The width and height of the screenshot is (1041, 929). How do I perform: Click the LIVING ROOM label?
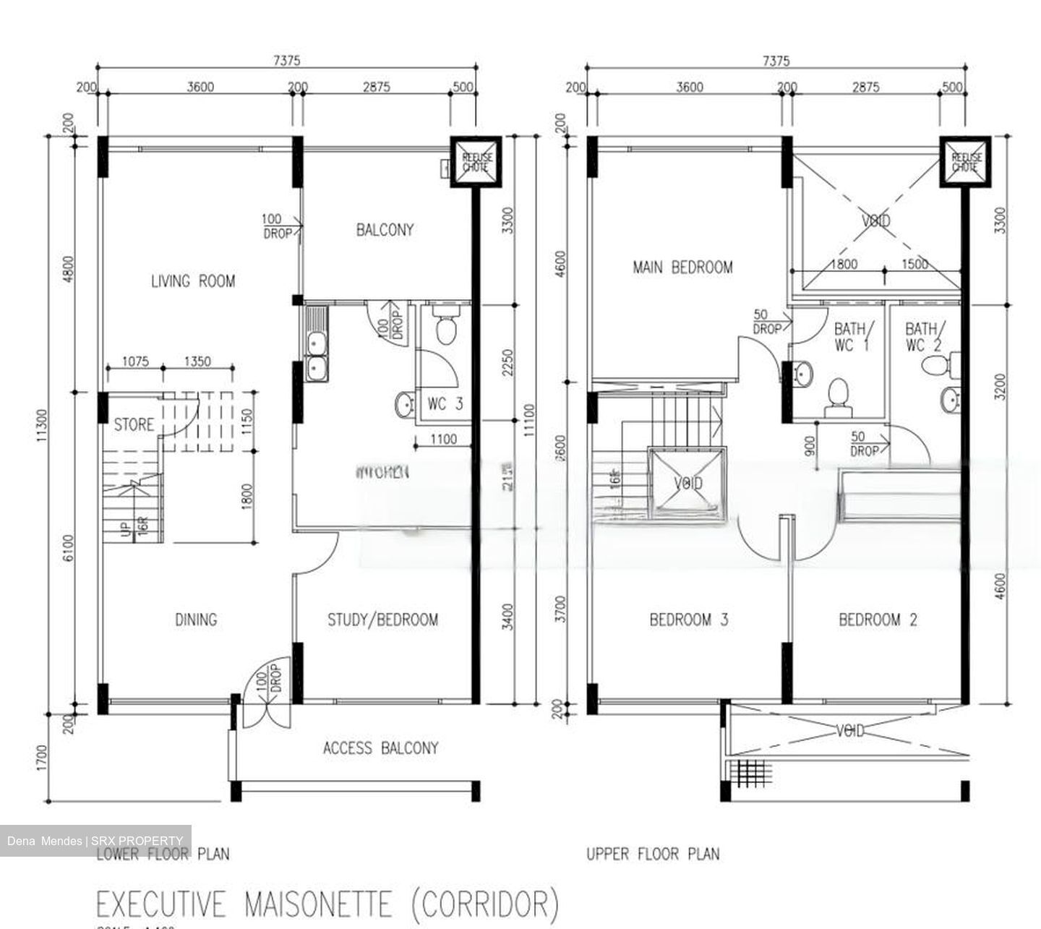[x=192, y=281]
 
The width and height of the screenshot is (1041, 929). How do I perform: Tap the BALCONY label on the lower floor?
[x=385, y=230]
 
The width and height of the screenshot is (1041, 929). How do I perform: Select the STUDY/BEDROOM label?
[x=382, y=620]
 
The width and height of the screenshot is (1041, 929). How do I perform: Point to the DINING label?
[x=196, y=620]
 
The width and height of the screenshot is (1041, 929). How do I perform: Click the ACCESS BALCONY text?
[x=380, y=748]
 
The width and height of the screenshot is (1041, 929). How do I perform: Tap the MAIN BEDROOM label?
[x=682, y=267]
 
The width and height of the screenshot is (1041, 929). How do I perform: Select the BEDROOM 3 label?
[x=688, y=620]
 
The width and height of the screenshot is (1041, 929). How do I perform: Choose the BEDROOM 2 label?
[x=878, y=620]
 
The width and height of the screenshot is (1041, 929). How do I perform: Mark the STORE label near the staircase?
[x=134, y=424]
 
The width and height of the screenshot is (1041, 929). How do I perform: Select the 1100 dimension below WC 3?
[x=443, y=439]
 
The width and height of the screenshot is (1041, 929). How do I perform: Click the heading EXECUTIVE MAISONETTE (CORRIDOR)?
[x=327, y=904]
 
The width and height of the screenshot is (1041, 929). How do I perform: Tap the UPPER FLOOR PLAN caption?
[x=653, y=855]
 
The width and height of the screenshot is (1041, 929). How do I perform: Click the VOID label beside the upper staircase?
[x=687, y=483]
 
